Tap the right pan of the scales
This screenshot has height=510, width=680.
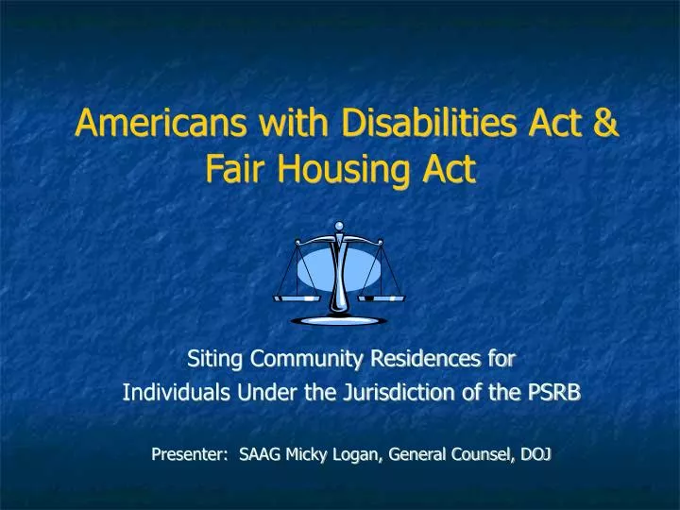tap(382, 297)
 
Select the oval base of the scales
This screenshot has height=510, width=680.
tap(338, 321)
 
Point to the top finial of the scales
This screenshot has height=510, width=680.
tap(339, 227)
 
